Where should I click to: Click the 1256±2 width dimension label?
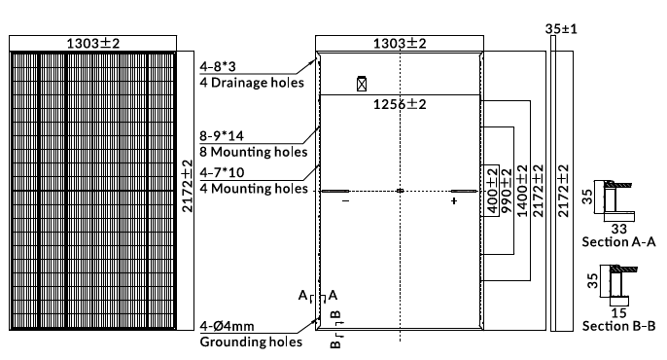[x=400, y=104]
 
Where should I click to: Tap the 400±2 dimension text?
[x=492, y=191]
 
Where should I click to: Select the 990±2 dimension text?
[x=507, y=191]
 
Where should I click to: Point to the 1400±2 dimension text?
[x=522, y=191]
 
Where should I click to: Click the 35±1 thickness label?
[x=561, y=29]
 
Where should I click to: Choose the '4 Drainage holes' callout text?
[x=252, y=83]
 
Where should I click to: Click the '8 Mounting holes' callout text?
[x=254, y=152]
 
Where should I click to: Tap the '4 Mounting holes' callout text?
[x=254, y=189]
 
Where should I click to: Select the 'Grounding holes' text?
[x=251, y=342]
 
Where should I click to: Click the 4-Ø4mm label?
[x=228, y=326]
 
